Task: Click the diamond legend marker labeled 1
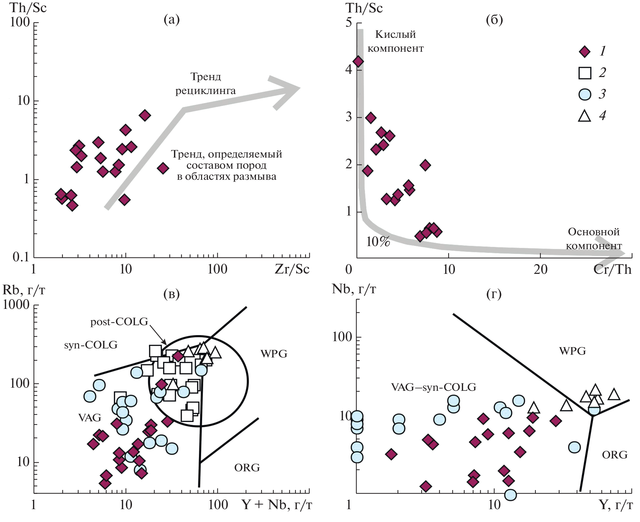[x=585, y=52]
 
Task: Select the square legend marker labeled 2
[x=585, y=73]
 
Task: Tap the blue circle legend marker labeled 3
[x=585, y=94]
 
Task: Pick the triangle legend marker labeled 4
[x=585, y=116]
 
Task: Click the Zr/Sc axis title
[x=292, y=269]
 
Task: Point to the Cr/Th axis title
[x=612, y=269]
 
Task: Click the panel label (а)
[x=172, y=20]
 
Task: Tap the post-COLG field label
[x=119, y=322]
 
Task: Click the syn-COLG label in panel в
[x=91, y=345]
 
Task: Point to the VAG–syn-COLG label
[x=433, y=387]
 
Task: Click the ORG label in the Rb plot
[x=247, y=468]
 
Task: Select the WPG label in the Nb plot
[x=572, y=351]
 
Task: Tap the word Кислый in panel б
[x=396, y=34]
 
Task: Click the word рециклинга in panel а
[x=206, y=91]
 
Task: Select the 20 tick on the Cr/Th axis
[x=540, y=269]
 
